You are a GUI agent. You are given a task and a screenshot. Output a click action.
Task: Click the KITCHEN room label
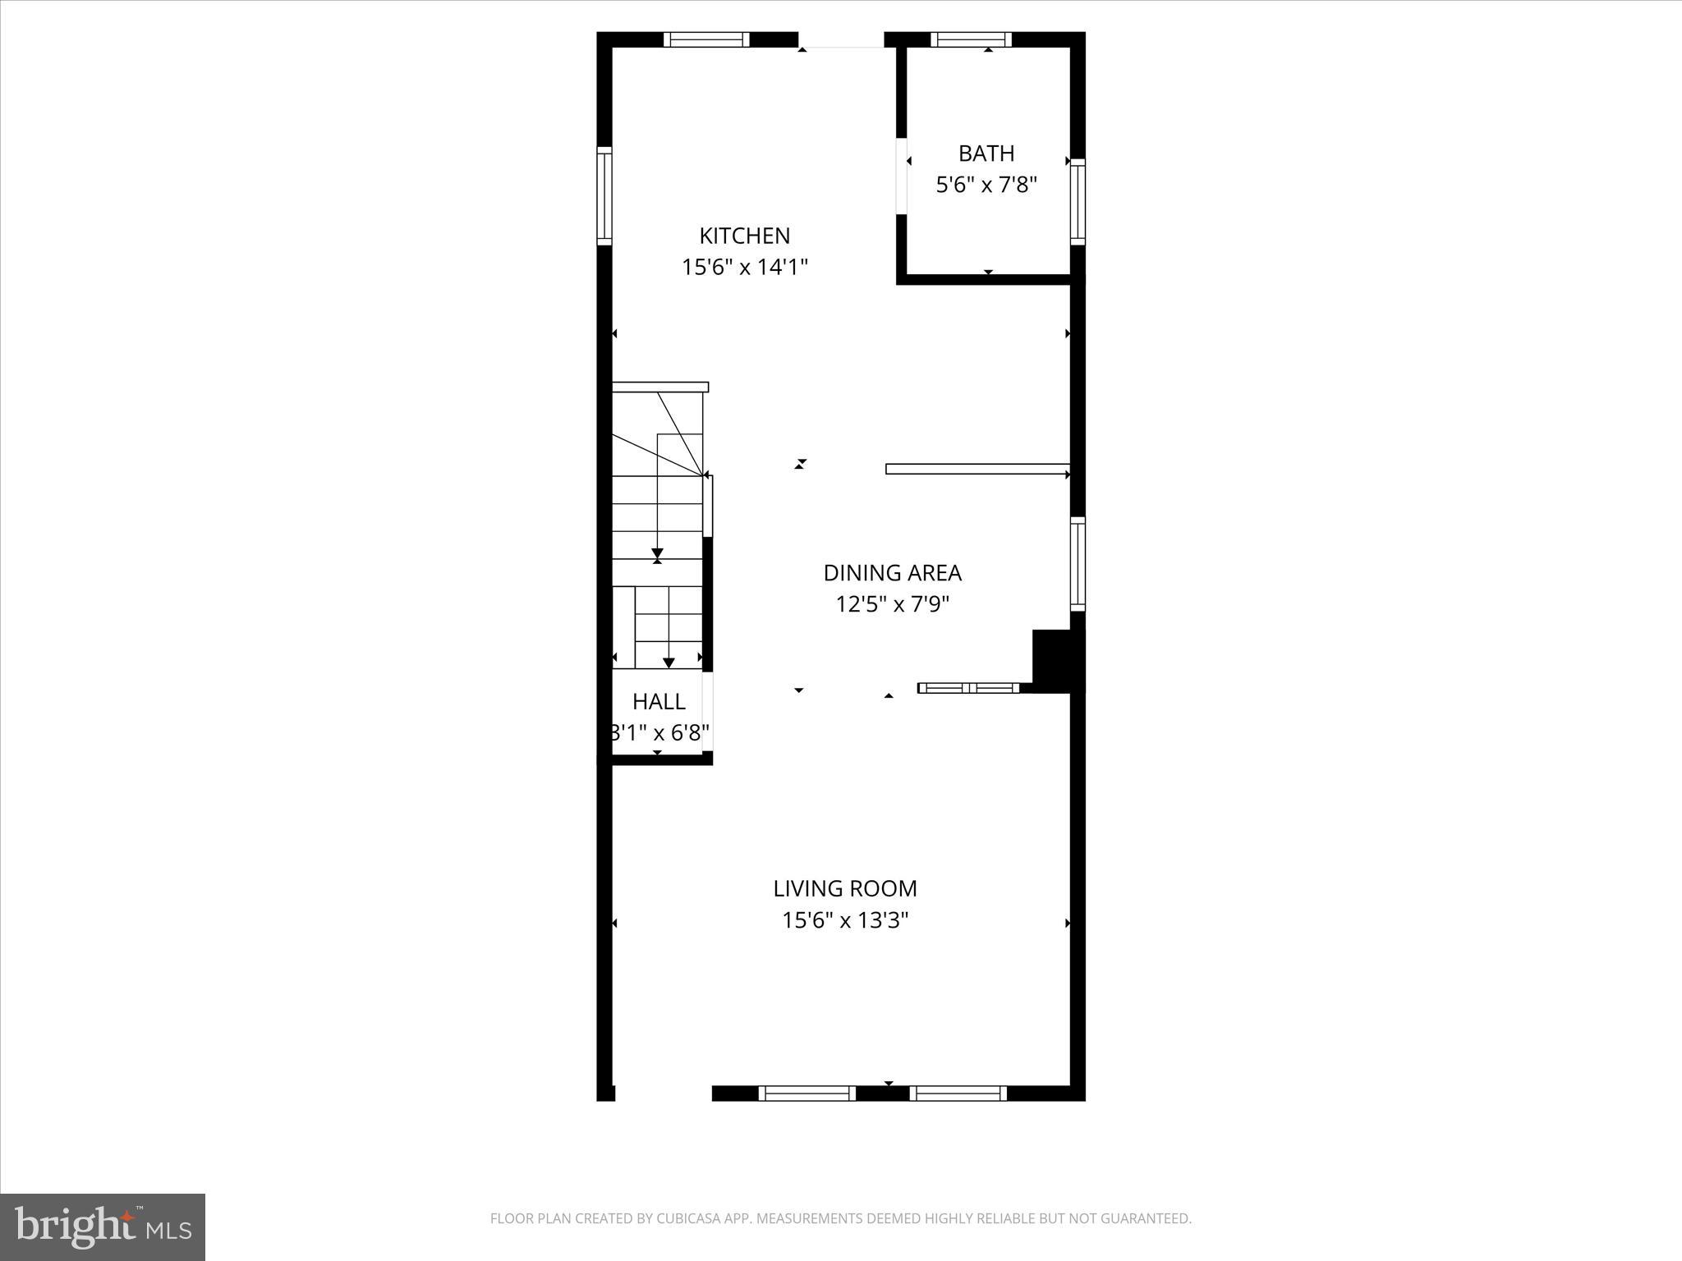click(x=744, y=236)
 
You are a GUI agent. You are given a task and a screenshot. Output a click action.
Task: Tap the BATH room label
click(x=986, y=154)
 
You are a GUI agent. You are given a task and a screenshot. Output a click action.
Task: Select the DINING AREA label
click(x=892, y=573)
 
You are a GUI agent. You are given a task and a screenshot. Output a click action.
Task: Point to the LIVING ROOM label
click(x=844, y=888)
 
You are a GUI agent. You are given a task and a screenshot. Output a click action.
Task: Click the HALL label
click(x=659, y=702)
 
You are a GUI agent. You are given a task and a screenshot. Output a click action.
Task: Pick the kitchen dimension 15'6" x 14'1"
click(x=744, y=268)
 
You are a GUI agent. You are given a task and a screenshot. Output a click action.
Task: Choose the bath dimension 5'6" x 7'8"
click(x=986, y=186)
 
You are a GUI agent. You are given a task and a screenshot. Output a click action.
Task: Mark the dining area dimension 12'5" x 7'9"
click(x=892, y=605)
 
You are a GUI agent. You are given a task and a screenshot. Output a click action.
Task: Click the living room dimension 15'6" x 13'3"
click(x=844, y=920)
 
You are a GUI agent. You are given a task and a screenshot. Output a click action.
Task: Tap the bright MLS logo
click(x=103, y=1227)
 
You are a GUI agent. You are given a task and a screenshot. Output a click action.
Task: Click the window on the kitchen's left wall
click(x=604, y=196)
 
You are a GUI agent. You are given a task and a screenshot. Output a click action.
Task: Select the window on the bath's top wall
click(x=971, y=39)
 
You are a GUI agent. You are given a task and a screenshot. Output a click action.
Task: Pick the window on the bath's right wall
click(x=1078, y=201)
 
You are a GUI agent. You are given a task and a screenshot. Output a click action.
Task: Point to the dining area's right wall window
click(x=1078, y=564)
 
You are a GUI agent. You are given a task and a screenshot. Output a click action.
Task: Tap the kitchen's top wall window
click(x=706, y=39)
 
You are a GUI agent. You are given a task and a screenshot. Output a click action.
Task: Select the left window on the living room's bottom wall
click(x=807, y=1093)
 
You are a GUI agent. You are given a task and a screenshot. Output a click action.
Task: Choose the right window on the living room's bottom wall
click(x=958, y=1093)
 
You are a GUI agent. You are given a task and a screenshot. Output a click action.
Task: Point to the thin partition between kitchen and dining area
click(x=976, y=469)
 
